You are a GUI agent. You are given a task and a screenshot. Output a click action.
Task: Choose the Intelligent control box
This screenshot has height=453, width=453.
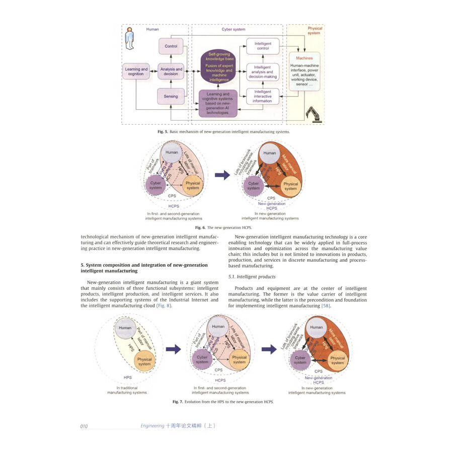pos(262,46)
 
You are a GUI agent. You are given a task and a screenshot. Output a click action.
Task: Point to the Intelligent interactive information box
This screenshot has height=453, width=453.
pos(262,96)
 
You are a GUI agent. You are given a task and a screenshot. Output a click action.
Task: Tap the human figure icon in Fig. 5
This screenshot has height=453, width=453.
pos(130,39)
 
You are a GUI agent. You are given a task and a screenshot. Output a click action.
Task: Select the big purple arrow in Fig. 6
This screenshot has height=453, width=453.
pos(222,175)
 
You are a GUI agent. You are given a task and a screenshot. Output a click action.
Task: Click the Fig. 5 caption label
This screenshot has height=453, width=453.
pos(163,132)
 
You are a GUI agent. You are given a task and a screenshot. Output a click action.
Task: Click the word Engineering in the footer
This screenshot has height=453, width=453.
pos(152,426)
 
